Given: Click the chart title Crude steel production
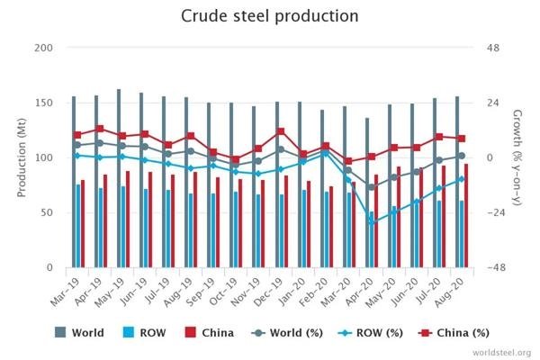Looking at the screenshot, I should (x=269, y=17).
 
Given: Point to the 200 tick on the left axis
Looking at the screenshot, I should (x=44, y=48).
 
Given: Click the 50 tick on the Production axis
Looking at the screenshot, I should (x=47, y=212).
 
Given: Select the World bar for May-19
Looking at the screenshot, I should (x=120, y=180).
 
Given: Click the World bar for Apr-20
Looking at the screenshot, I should (x=366, y=193).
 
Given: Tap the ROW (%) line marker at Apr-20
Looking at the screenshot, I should (x=372, y=221).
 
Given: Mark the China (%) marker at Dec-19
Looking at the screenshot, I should (x=281, y=131).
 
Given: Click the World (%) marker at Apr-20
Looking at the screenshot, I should (x=372, y=187).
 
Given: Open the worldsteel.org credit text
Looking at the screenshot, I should (x=499, y=352).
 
